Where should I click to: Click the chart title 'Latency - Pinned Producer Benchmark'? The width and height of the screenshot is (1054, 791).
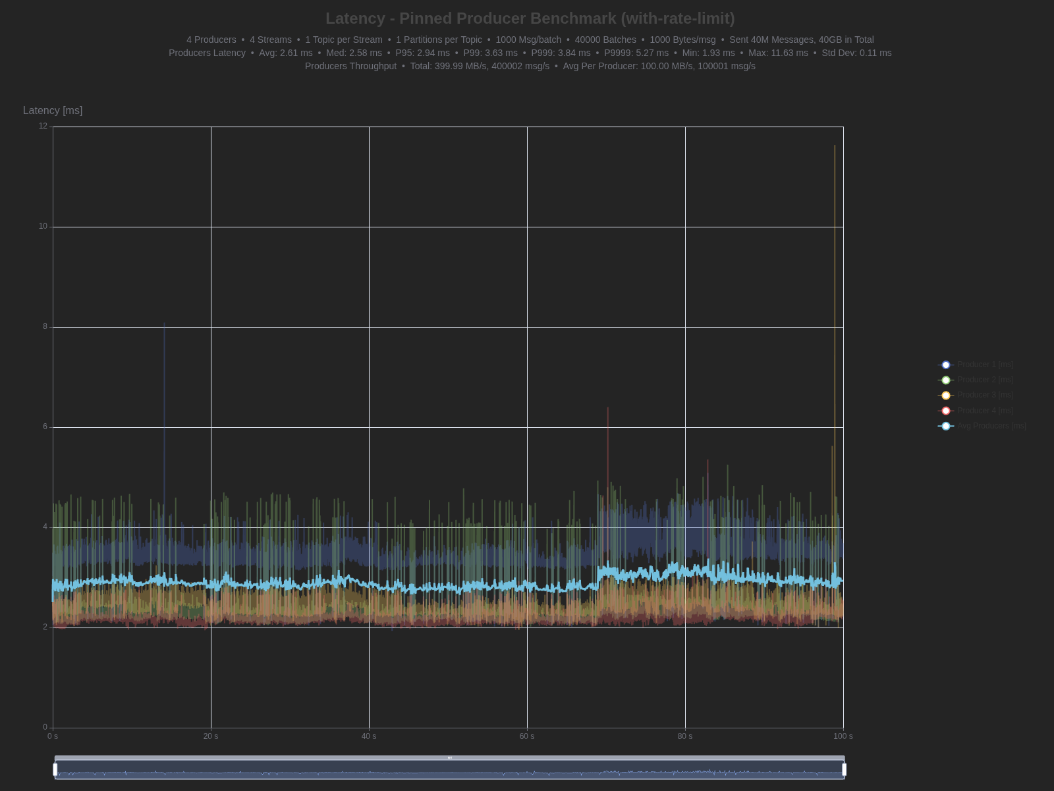coord(530,18)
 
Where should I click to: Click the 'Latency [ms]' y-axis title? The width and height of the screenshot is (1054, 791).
coord(53,111)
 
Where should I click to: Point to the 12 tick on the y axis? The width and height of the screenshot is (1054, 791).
coord(43,126)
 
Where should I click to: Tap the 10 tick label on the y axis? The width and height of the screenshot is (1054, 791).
coord(43,226)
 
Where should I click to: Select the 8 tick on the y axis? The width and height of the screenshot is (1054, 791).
coord(45,326)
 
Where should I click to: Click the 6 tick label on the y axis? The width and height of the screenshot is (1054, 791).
coord(45,426)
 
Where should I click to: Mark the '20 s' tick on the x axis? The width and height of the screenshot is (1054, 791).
coord(211,736)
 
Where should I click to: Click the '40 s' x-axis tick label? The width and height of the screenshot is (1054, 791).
coord(369,736)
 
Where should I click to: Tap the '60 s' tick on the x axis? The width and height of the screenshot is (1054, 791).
coord(527,736)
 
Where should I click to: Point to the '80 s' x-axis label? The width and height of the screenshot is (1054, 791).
coord(685,736)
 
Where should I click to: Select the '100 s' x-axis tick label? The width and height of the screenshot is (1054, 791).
coord(843,736)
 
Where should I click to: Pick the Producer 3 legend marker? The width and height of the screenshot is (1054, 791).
coord(946,395)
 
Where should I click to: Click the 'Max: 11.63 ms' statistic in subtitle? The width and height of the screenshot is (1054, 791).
coord(778,53)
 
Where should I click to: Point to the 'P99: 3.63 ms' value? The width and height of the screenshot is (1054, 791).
coord(490,53)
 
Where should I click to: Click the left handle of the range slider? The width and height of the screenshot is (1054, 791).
coord(55,769)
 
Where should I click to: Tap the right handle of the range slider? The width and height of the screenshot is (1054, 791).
coord(844,769)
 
